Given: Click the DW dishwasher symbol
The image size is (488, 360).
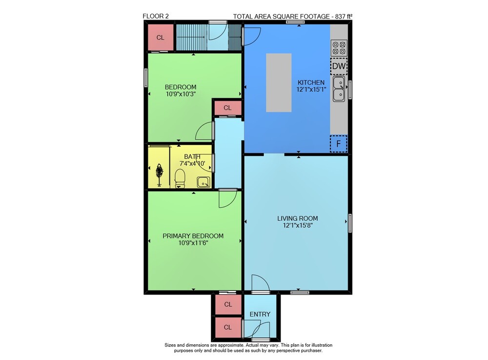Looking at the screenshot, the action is [x=339, y=66].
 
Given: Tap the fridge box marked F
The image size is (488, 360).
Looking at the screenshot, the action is [x=338, y=144].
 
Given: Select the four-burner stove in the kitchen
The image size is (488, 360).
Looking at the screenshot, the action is [x=339, y=48].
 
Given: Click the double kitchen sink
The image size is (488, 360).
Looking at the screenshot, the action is [x=339, y=89].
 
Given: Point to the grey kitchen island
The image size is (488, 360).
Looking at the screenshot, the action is [x=279, y=83].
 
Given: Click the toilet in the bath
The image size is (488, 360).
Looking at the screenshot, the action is [x=180, y=178].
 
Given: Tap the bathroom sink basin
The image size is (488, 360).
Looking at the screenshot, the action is [x=203, y=182].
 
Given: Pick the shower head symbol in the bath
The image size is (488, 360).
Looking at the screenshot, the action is [x=160, y=175].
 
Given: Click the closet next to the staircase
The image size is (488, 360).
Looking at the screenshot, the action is [x=160, y=38].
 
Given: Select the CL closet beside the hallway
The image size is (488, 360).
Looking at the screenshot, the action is [x=227, y=108].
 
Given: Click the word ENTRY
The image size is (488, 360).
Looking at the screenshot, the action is [x=260, y=314].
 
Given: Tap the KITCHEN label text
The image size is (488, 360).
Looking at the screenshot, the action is [x=311, y=83].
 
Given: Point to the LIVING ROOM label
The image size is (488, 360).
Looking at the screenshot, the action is [x=298, y=218].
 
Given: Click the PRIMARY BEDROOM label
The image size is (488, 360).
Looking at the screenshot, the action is [x=193, y=236].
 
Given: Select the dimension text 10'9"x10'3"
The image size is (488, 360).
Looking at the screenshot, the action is [x=181, y=94].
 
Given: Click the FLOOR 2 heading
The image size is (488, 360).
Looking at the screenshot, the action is [x=156, y=16].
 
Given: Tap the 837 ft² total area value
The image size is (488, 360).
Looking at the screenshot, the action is [x=344, y=17].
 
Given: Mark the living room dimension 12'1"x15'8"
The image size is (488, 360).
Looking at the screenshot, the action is [x=298, y=225].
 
